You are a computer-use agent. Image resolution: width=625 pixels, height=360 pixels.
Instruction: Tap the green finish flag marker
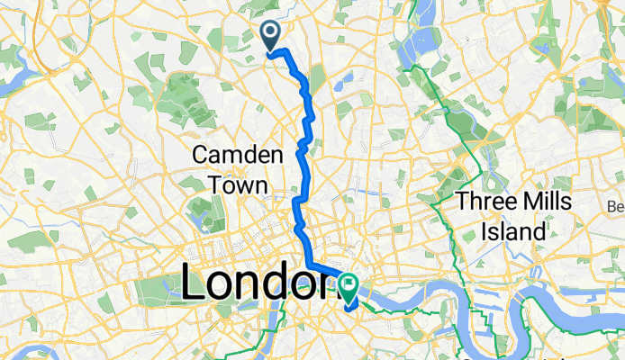click(x=349, y=285)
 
